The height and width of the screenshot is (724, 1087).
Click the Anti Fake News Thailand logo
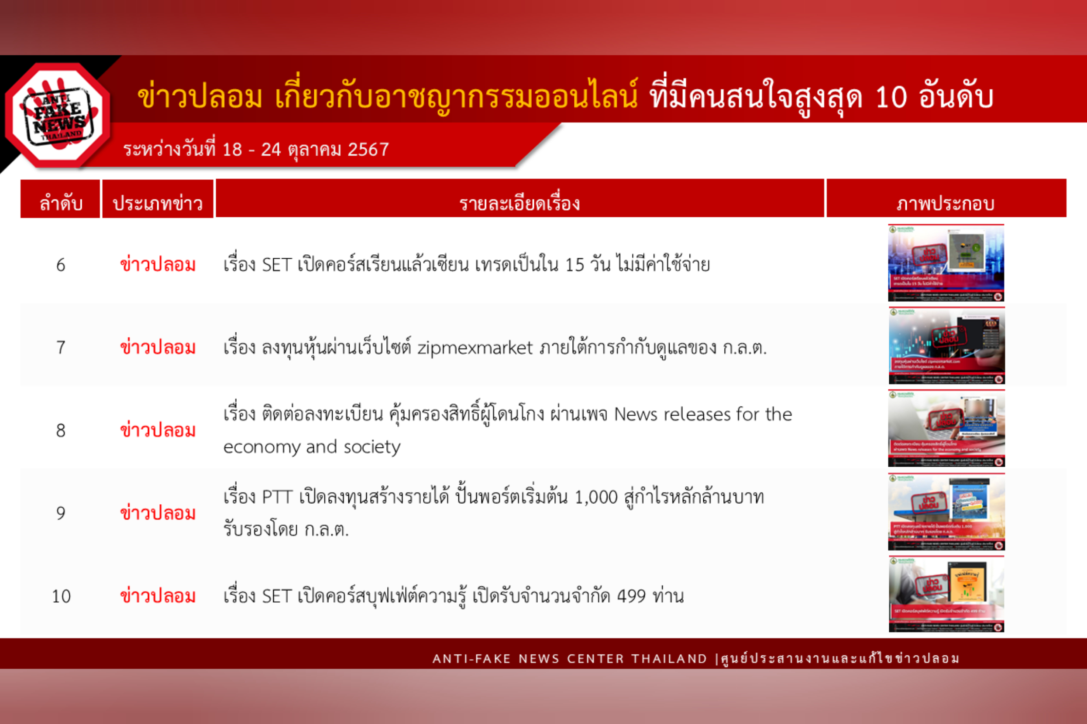pos(58,115)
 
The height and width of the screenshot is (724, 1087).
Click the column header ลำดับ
pos(61,203)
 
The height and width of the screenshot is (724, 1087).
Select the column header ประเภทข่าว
pos(158,203)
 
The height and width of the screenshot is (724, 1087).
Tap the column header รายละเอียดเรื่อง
pos(519,203)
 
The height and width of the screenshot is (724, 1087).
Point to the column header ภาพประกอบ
pos(946,203)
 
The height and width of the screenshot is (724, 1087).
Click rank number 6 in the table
pos(61,265)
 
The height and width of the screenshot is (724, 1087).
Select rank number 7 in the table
pos(61,348)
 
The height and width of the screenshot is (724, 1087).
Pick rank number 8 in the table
pos(61,431)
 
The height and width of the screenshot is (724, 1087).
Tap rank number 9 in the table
pos(61,513)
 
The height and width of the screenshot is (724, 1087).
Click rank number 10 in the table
pos(61,597)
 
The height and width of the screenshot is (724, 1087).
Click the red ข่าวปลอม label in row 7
pos(158,348)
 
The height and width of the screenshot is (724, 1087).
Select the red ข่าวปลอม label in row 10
pos(158,597)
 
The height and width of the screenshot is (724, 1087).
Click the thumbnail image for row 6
pos(946,263)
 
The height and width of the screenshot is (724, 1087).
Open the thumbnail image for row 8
pos(946,428)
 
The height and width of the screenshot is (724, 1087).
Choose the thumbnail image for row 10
pos(946,594)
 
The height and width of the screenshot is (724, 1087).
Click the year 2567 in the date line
pos(368,150)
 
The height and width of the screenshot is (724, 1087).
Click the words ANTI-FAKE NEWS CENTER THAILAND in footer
pos(569,659)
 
